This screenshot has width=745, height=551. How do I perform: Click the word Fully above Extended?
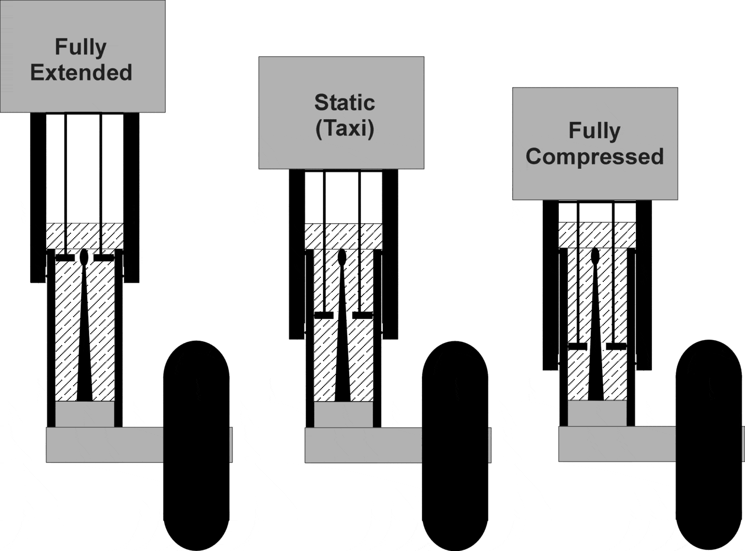[81, 47]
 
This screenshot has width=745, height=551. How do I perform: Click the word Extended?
[81, 73]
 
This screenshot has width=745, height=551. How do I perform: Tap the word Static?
[344, 103]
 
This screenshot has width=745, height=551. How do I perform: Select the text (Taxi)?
[344, 129]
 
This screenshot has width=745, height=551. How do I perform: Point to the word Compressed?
[595, 157]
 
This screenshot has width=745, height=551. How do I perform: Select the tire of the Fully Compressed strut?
[709, 444]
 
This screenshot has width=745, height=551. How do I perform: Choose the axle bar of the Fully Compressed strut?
[616, 444]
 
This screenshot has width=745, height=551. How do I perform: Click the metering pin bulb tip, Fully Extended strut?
[84, 257]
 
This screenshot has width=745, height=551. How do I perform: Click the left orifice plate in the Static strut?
[324, 315]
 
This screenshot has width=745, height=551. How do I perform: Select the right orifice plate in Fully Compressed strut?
[616, 346]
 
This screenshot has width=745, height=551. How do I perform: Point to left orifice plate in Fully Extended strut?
[65, 258]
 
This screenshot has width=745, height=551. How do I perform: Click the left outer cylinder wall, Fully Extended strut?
[38, 197]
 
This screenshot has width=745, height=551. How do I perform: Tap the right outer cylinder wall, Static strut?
[390, 254]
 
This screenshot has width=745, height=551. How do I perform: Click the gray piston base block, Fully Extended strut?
[85, 414]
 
